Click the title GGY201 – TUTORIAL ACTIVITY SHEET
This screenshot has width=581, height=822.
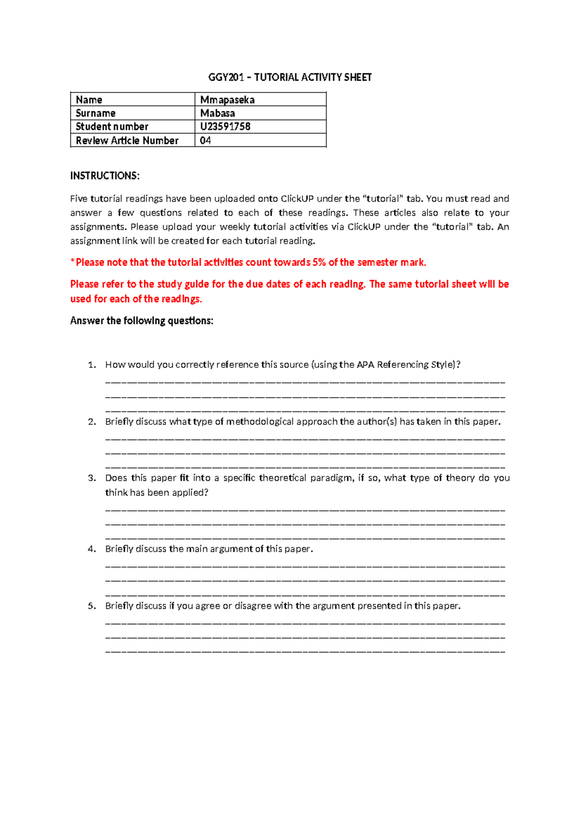click(x=290, y=77)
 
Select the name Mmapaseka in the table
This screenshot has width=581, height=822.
click(x=227, y=100)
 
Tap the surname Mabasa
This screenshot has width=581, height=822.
click(x=217, y=113)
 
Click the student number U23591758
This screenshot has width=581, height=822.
click(x=225, y=126)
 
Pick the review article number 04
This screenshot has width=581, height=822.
click(x=205, y=141)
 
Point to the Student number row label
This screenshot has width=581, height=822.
click(x=112, y=126)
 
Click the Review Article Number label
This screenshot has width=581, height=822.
click(x=127, y=141)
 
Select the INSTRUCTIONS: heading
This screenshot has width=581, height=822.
click(x=105, y=176)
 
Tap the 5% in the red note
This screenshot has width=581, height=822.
click(x=319, y=262)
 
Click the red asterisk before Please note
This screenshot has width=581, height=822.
click(x=73, y=262)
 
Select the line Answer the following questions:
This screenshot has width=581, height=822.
click(x=141, y=321)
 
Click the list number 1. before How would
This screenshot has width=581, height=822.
click(x=92, y=365)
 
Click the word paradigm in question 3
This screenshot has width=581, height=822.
click(x=331, y=478)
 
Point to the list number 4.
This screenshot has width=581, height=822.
click(x=92, y=549)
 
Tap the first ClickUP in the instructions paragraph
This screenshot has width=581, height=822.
click(x=297, y=199)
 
